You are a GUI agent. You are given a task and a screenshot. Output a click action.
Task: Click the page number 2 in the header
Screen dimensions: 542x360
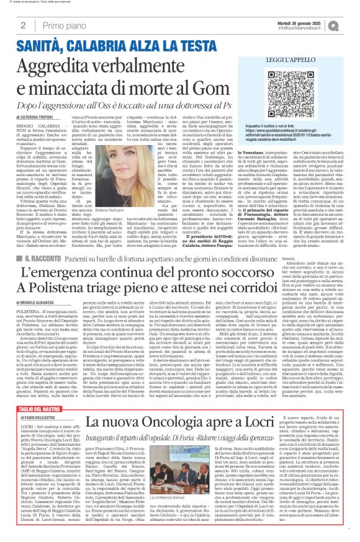[x=23, y=25]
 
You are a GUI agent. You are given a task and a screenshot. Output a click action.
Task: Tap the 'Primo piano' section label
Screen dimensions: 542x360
[x=60, y=25]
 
